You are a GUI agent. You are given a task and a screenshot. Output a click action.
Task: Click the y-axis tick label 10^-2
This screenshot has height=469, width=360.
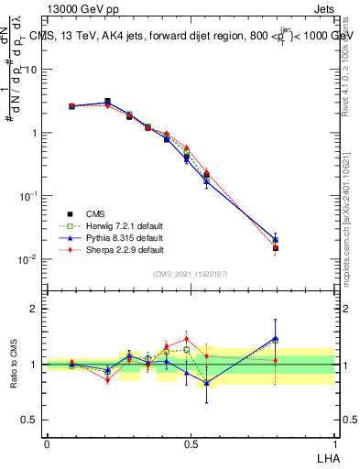tap(28, 259)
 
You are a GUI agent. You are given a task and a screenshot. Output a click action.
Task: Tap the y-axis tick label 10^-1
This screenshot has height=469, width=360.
tap(28, 196)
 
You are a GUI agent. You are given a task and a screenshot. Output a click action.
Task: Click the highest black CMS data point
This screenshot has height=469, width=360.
tap(107, 102)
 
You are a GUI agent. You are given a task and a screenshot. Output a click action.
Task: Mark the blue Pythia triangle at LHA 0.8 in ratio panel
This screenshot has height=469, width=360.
tap(275, 338)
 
